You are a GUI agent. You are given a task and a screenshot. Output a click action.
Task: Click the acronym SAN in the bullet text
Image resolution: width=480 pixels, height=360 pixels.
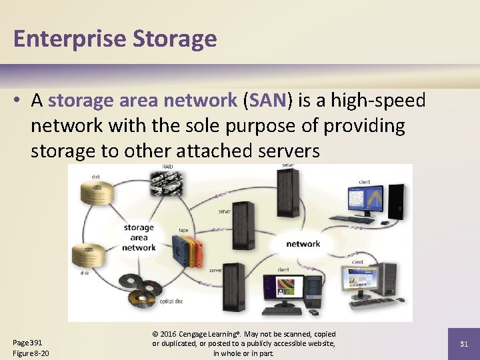coord(267,100)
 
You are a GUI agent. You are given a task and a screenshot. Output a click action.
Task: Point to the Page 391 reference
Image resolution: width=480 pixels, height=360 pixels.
coord(27,343)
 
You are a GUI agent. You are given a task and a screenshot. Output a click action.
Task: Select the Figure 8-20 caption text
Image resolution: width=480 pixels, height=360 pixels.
coord(31,353)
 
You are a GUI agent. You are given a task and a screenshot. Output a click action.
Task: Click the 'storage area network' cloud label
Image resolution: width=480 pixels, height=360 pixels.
coord(139,237)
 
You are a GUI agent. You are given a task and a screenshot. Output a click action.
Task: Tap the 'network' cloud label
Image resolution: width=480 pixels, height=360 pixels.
coord(303,243)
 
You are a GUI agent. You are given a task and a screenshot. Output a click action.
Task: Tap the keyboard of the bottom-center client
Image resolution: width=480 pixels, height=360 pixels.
coord(281,311)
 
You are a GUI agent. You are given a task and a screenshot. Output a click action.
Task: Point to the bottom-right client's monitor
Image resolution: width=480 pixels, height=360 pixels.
coord(361,283)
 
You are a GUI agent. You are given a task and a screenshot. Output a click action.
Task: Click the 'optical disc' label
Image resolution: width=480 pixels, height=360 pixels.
coord(170,302)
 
